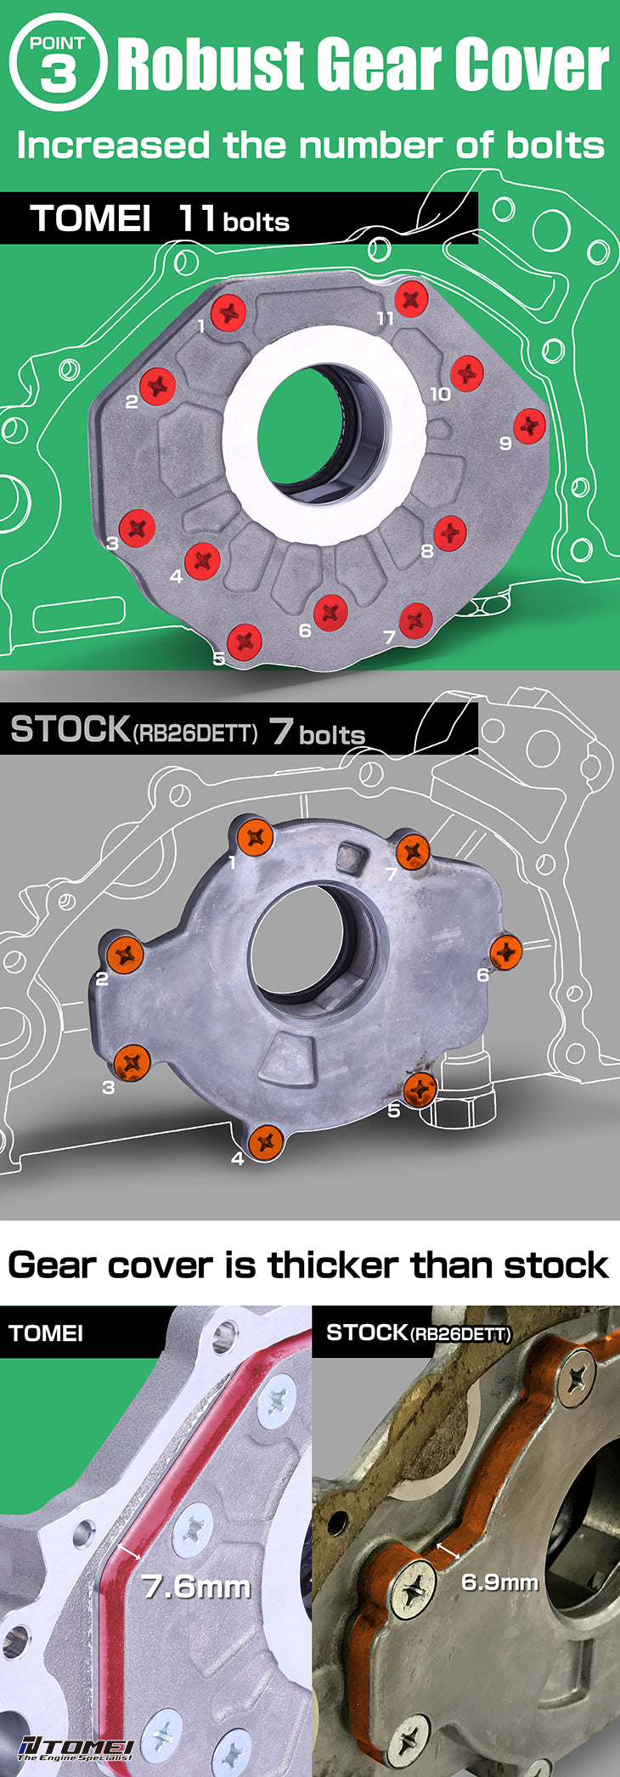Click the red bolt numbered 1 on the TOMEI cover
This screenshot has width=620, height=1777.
[x=228, y=314]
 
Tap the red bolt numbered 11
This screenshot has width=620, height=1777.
[x=410, y=297]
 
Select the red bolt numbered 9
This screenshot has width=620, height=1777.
[x=529, y=425]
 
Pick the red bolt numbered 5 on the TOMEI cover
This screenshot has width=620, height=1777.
[x=245, y=641]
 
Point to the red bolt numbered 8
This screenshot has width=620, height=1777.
[x=450, y=533]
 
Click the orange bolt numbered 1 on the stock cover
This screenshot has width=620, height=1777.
[x=254, y=838]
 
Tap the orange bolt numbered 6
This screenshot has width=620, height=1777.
[x=505, y=951]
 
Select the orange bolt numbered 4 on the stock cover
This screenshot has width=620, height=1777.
[x=266, y=1141]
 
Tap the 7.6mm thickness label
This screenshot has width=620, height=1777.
[x=196, y=1586]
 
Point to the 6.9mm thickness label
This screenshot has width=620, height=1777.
[x=499, y=1582]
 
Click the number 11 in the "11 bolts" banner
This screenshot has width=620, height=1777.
[x=195, y=218]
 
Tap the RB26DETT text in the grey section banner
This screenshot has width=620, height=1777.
[x=194, y=733]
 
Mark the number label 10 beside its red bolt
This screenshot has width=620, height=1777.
[x=440, y=394]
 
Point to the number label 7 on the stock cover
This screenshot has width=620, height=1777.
[x=391, y=873]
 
